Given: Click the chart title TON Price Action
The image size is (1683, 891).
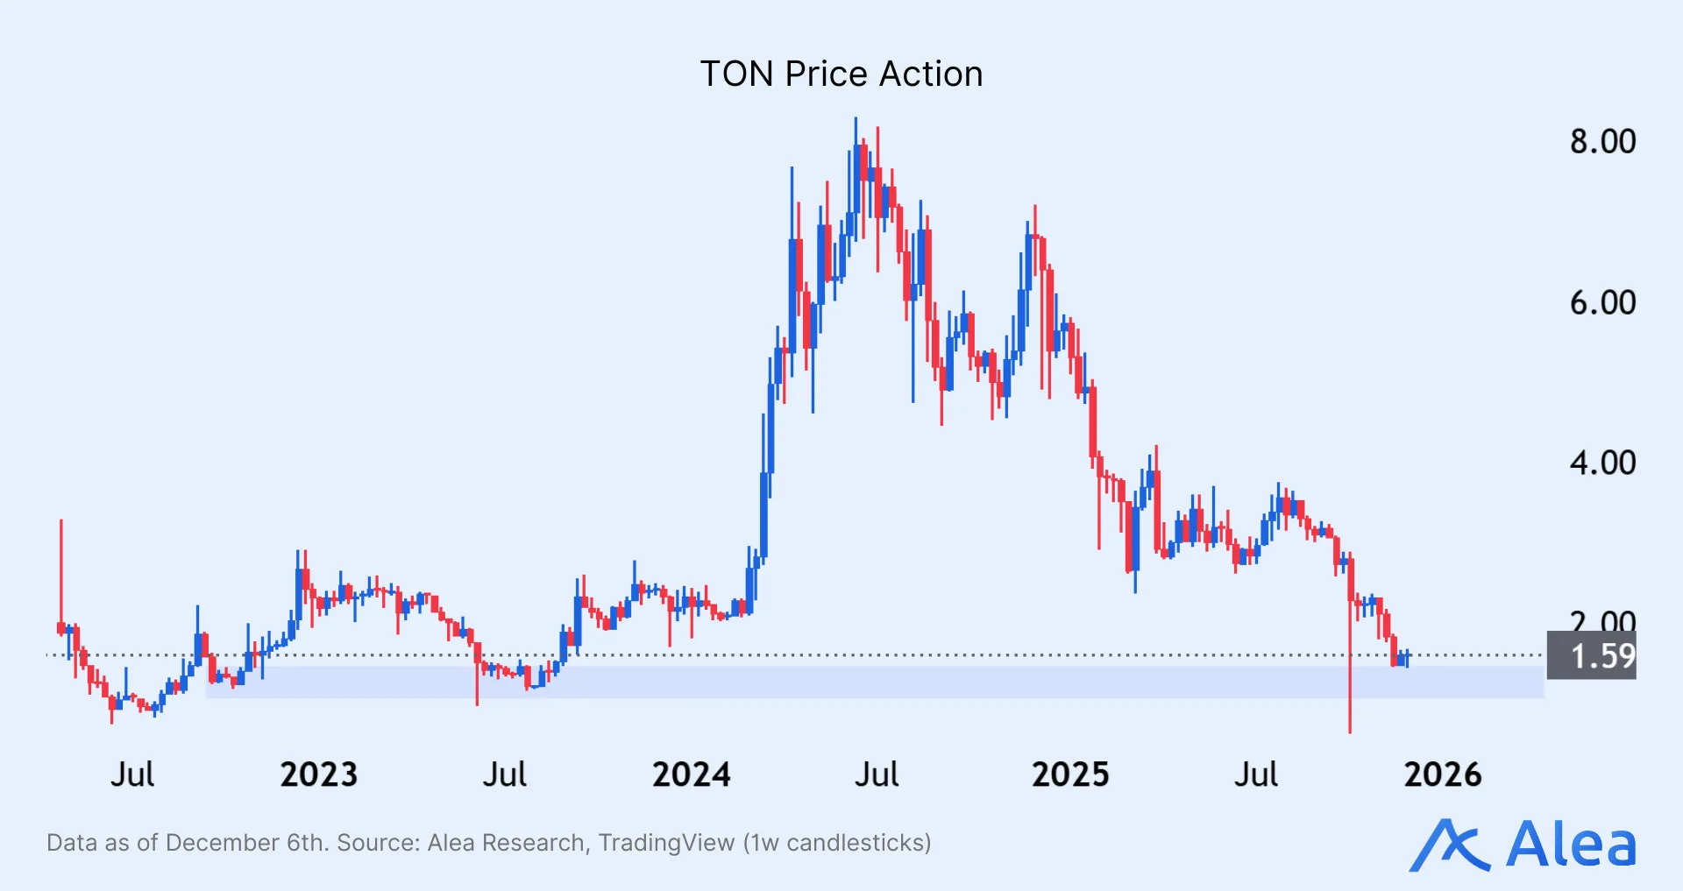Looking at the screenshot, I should (x=841, y=74).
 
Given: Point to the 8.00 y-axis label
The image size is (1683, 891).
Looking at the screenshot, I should (x=1601, y=141).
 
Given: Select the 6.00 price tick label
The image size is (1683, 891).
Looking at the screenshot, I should (x=1601, y=302).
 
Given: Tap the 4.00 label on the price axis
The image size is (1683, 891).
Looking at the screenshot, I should (x=1601, y=463).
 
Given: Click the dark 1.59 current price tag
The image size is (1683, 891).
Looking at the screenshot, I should (x=1591, y=656).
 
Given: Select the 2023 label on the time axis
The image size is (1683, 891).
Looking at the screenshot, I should (x=318, y=774).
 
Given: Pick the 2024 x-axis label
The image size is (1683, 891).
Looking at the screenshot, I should (x=691, y=774).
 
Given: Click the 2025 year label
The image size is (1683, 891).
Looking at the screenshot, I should (x=1069, y=774).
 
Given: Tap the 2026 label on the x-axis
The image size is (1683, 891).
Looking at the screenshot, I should (x=1442, y=774).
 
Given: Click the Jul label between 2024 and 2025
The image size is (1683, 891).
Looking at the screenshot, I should (x=877, y=774).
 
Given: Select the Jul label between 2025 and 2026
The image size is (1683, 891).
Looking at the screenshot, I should (x=1255, y=774).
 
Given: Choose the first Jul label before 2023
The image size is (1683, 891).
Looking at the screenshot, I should (x=132, y=774).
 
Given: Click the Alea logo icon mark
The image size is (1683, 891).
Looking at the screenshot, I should (x=1449, y=845).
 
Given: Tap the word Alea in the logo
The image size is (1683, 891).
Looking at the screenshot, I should (x=1571, y=845).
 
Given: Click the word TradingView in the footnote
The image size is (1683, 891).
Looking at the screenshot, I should (x=666, y=843).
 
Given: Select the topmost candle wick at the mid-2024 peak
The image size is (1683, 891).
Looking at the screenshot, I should (x=856, y=131).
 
